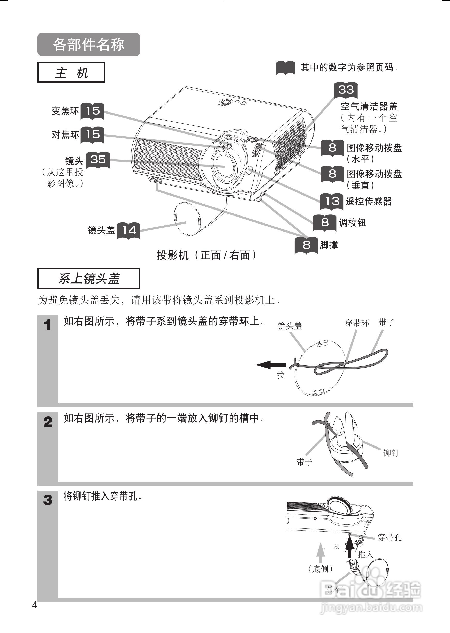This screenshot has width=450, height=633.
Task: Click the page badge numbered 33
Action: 346,90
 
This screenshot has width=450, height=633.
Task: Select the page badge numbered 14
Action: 128,230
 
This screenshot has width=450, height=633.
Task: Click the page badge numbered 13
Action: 332,201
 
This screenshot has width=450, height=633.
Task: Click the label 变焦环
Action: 65,111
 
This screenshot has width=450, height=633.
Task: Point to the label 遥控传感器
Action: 369,201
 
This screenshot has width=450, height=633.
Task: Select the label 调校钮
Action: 353,223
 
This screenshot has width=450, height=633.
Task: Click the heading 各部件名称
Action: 89,44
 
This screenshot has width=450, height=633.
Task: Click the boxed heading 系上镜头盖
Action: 89,278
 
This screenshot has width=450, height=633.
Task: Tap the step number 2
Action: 48,422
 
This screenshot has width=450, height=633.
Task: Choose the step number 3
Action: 48,500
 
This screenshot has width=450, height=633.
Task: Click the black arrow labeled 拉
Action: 271,365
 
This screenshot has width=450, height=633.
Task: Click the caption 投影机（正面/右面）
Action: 207,255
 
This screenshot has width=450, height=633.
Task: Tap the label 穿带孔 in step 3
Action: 390,537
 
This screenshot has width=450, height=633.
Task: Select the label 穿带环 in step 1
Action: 357,323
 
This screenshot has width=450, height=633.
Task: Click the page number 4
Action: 35,605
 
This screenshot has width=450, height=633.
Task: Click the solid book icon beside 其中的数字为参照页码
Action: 285,68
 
